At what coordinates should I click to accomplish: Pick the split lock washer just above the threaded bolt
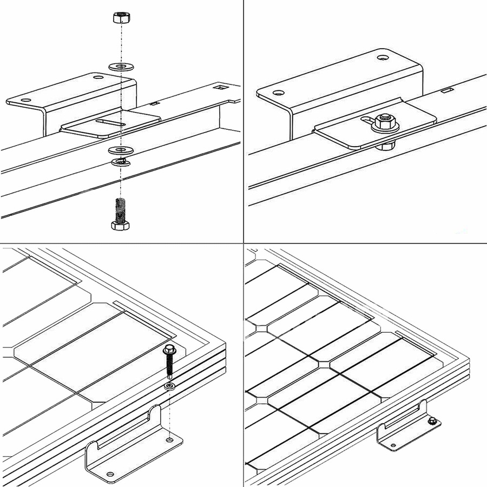(x=121, y=161)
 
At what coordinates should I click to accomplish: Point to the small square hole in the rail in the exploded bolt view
(x=220, y=87)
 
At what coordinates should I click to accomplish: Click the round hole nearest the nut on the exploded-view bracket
(x=98, y=77)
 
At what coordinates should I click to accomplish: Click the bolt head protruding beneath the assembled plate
(x=384, y=145)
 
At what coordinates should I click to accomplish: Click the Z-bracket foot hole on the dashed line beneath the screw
(x=170, y=440)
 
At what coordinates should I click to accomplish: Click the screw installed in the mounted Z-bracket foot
(x=431, y=421)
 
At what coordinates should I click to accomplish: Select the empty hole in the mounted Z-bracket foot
(x=393, y=445)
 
